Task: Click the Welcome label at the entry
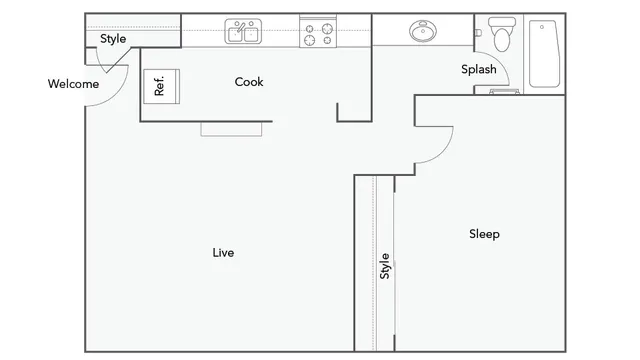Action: coord(73,84)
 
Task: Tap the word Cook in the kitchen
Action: coord(249,82)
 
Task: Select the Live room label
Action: coord(223,253)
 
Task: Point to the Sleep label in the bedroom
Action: coord(484,234)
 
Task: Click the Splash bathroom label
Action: coord(479,69)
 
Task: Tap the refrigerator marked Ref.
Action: coord(162,87)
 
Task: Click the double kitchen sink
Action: coord(243,31)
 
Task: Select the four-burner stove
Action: coord(318,32)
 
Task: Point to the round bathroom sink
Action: coord(423,31)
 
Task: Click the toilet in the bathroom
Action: coord(502,34)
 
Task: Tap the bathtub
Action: coord(544,54)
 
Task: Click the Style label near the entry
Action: coord(113,39)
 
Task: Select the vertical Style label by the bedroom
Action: coord(384,266)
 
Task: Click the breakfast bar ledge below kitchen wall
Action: coord(231,129)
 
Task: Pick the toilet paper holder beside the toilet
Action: coord(478,33)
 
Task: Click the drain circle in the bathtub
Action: coord(542,27)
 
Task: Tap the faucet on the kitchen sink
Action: coord(241,27)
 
